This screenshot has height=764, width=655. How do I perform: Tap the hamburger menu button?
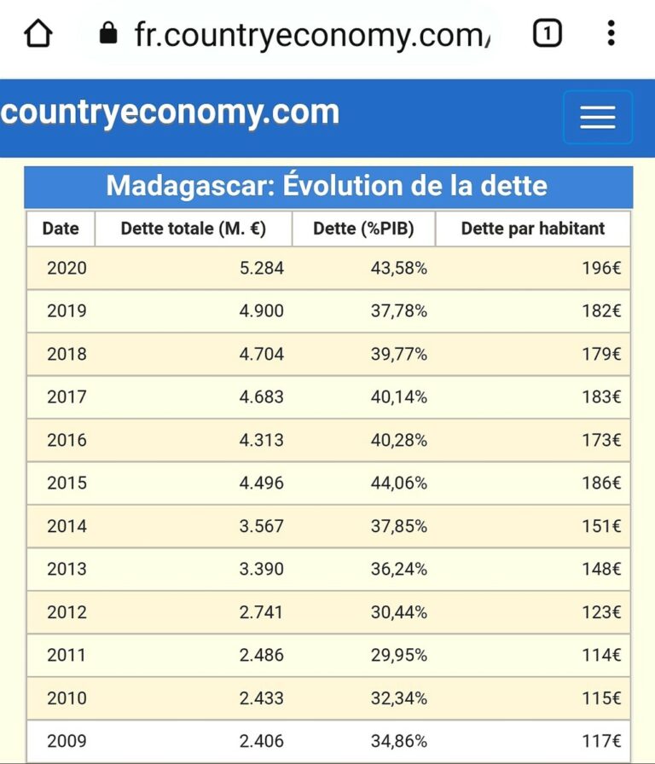pyautogui.click(x=597, y=118)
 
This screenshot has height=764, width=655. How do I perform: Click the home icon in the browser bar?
pyautogui.click(x=38, y=34)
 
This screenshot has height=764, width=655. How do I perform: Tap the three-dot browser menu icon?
pyautogui.click(x=611, y=34)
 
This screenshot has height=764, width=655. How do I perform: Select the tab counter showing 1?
pyautogui.click(x=547, y=34)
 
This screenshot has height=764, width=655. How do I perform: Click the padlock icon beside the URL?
pyautogui.click(x=107, y=34)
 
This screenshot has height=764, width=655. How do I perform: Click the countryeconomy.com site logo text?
pyautogui.click(x=171, y=113)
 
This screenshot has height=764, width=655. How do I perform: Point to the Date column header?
pyautogui.click(x=61, y=229)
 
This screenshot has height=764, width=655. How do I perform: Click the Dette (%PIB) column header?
pyautogui.click(x=363, y=229)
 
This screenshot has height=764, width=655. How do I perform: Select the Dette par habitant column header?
pyautogui.click(x=533, y=229)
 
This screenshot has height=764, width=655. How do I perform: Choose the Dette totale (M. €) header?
pyautogui.click(x=194, y=229)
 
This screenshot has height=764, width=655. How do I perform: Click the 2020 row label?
pyautogui.click(x=67, y=269)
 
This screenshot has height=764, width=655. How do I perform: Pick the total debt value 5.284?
pyautogui.click(x=261, y=269)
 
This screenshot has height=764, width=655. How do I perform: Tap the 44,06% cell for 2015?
pyautogui.click(x=398, y=483)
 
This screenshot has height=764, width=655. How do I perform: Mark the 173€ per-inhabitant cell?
pyautogui.click(x=600, y=440)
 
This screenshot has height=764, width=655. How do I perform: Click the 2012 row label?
pyautogui.click(x=67, y=612)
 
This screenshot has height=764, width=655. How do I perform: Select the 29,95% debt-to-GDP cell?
pyautogui.click(x=398, y=655)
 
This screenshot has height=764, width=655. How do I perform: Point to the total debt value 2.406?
pyautogui.click(x=261, y=741)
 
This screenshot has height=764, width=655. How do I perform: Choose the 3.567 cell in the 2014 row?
pyautogui.click(x=261, y=526)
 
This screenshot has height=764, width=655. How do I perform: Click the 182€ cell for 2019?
pyautogui.click(x=600, y=311)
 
